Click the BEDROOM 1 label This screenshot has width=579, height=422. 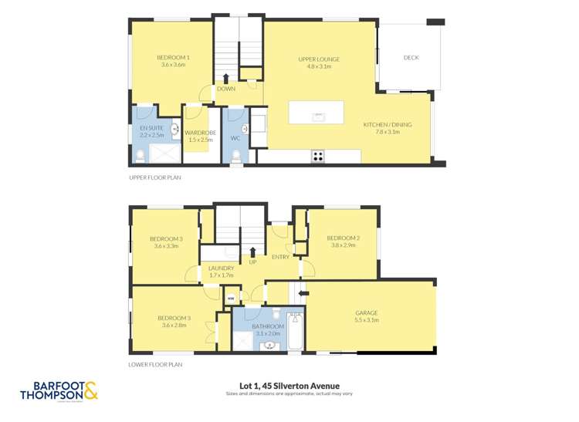(x=173, y=58)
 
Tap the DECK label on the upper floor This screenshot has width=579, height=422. (x=411, y=58)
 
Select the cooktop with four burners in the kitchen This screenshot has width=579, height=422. (x=317, y=156)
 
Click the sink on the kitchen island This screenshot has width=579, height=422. (x=317, y=116)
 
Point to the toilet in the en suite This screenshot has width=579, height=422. (x=140, y=157)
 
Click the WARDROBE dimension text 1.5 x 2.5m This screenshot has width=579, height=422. (x=200, y=140)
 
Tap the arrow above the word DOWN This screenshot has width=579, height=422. (x=225, y=77)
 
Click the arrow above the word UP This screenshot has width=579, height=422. (x=252, y=251)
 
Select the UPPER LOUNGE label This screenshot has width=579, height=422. (x=319, y=59)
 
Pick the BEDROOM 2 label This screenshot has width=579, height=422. (x=344, y=237)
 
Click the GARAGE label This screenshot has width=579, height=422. (x=366, y=312)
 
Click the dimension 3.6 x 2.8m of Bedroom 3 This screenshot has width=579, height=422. (x=173, y=326)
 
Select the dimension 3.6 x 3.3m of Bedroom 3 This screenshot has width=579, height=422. (x=168, y=246)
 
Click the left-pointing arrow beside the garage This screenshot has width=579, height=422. (x=303, y=293)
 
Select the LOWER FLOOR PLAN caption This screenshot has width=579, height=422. (x=156, y=364)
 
